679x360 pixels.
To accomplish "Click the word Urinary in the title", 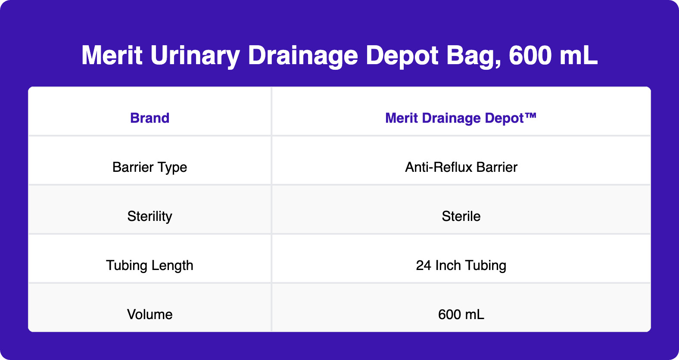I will tap(195, 56).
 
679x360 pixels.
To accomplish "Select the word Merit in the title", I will tap(112, 56).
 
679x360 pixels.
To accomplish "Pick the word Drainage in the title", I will tap(303, 56).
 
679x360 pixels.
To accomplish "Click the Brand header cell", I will tap(150, 118).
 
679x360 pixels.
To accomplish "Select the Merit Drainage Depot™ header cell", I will tap(461, 118).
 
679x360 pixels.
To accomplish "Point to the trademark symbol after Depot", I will tap(530, 116).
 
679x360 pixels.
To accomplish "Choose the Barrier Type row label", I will tap(150, 167).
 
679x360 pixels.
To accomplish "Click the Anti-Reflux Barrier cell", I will tap(461, 167).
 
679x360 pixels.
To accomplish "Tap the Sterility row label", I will tap(150, 216).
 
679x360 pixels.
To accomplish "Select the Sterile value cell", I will tap(461, 216).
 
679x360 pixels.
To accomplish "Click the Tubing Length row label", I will tap(150, 265).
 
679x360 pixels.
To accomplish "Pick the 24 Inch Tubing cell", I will tap(461, 265).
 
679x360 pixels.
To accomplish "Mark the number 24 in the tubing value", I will tap(424, 265).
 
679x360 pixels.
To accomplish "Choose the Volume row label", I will tap(150, 314).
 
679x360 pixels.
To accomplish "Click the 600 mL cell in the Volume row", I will tap(461, 314).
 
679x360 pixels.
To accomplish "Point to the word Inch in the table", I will tap(448, 265).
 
